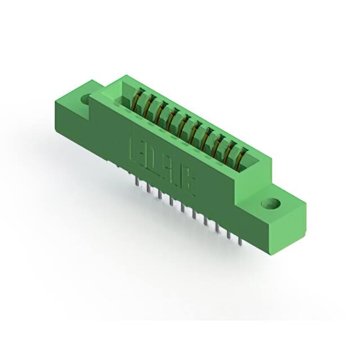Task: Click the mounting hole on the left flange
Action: [86, 100]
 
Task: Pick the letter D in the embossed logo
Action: [154, 159]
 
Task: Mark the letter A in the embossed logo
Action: [171, 169]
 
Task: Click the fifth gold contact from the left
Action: [183, 125]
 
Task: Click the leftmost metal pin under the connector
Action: [137, 182]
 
